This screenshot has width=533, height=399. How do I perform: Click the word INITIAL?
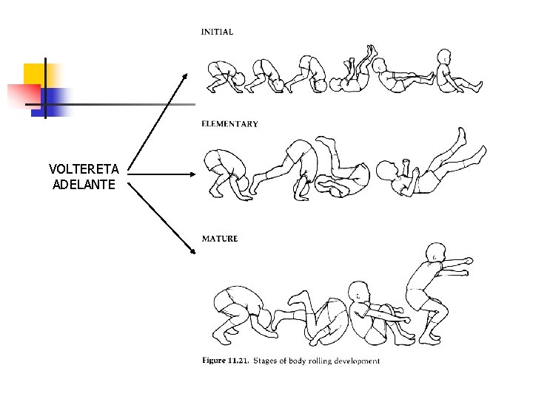217,32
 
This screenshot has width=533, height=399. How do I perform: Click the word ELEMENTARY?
229,124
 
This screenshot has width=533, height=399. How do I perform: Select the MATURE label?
220,239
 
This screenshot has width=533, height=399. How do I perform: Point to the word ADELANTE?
84,184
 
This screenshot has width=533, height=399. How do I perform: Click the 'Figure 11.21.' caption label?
226,361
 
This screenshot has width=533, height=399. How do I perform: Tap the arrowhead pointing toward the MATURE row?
194,250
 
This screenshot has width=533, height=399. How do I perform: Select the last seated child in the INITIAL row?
454,72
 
